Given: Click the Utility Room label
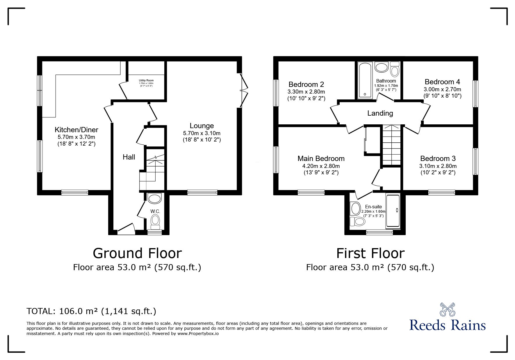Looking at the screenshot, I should coord(146,80).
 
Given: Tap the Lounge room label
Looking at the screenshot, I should coord(202,126).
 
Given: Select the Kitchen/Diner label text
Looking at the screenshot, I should coord(76,130).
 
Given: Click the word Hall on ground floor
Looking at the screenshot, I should coord(129,157).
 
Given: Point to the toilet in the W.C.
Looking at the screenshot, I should coord(155,221).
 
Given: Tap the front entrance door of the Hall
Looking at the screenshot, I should coord(126,229).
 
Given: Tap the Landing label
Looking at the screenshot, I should coord(380,113).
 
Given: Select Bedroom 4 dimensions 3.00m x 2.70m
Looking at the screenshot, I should coord(442,89).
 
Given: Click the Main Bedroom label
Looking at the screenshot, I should coord(321,159).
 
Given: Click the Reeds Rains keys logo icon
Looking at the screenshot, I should coord(447,309).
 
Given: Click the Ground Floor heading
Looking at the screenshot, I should coord(137,253).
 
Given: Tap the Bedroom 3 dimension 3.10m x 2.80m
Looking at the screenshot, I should coord(438,166).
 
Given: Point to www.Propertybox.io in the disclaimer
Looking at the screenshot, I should coord(198,334).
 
